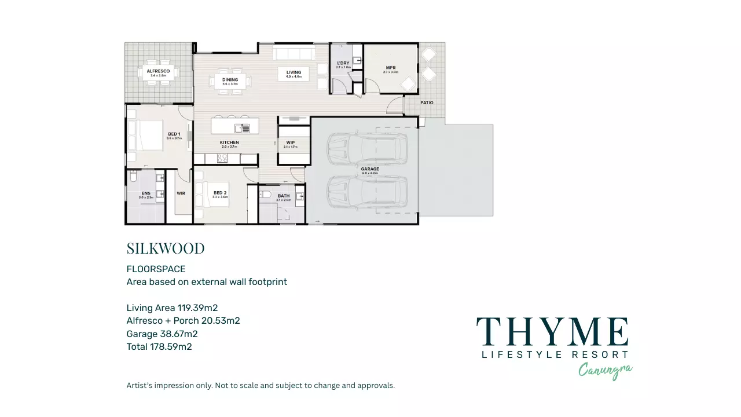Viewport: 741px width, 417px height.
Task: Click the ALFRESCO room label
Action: coord(158,71)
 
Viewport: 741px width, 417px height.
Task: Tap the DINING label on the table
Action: coord(230,80)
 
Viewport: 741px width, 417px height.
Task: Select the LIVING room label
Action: coord(294,72)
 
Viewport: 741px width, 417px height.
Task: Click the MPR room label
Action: coord(391,68)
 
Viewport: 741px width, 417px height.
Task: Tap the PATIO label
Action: coord(427,103)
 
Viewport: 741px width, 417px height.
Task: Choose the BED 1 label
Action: coord(174,134)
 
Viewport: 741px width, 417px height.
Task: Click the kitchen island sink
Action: coord(242,128)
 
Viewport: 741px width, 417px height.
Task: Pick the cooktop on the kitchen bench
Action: coord(223,158)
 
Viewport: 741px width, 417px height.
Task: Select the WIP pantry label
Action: coord(291,142)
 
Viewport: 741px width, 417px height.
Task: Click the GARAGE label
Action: coord(370,169)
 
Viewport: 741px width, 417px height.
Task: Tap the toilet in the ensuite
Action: coord(133,175)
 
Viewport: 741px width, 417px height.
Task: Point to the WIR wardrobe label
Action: coord(181,193)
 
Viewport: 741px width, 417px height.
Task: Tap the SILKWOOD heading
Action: coord(166,248)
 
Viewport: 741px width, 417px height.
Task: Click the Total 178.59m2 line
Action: coord(159,347)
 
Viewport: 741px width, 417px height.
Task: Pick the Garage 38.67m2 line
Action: coord(162,334)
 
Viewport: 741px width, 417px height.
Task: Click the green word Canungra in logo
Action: coord(605,371)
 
